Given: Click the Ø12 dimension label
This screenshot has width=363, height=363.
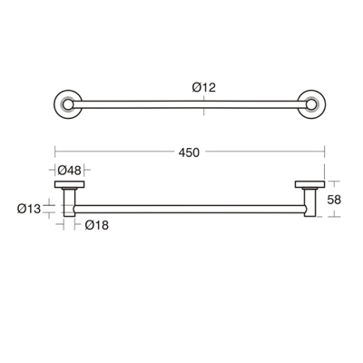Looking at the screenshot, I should pos(203,87).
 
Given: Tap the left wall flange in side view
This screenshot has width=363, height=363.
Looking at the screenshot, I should pos(69,186).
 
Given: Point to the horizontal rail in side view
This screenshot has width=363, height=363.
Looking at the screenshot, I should pos(189,210).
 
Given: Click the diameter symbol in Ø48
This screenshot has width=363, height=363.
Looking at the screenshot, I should pos(62,170).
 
